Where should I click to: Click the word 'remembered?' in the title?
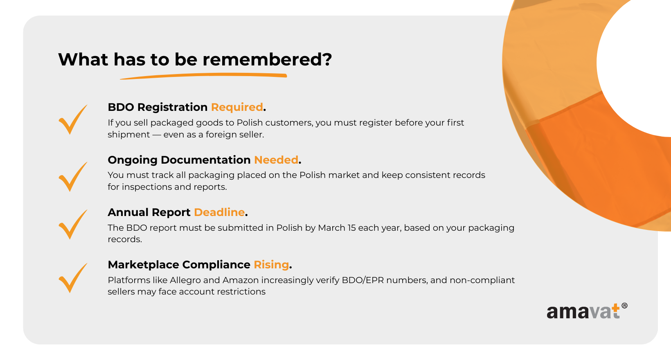(x=267, y=59)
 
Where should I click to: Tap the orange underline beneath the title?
(x=204, y=76)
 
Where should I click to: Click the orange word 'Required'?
(x=237, y=107)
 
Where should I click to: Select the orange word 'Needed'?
(x=276, y=160)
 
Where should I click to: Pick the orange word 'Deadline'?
(x=219, y=212)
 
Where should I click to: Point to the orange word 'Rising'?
(x=271, y=265)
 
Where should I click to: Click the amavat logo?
(x=587, y=311)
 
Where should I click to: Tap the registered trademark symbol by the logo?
(x=625, y=306)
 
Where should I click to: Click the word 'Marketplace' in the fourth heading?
(x=143, y=265)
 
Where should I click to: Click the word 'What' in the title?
(x=83, y=59)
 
